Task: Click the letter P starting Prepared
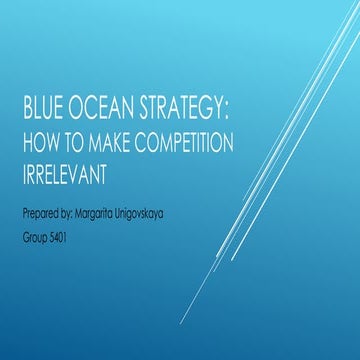[x=23, y=214]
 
